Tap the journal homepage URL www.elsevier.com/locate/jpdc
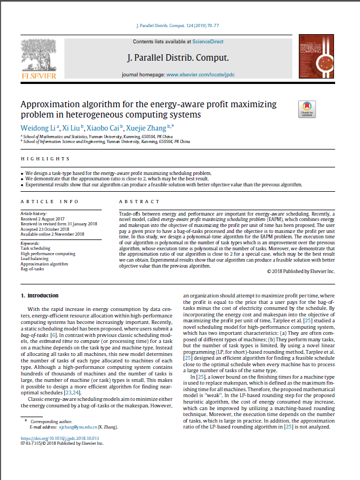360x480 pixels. [200, 74]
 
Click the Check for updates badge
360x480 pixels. [307, 109]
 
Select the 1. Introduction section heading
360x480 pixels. [39, 296]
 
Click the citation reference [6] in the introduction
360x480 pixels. [53, 335]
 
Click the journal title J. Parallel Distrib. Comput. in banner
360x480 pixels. [178, 57]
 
